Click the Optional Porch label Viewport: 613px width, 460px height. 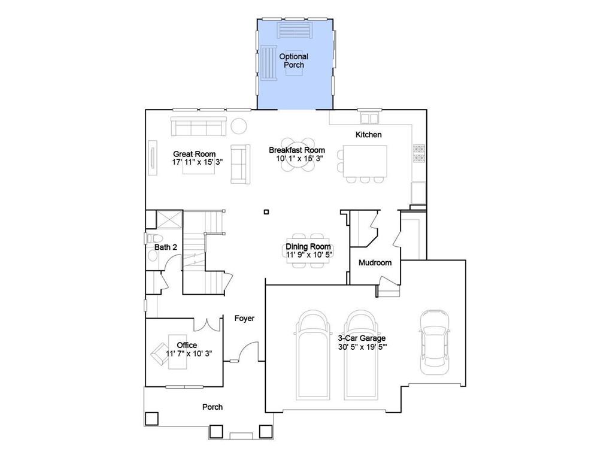tap(294, 60)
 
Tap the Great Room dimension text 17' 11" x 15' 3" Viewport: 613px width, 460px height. tap(194, 162)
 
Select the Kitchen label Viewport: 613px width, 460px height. tap(368, 135)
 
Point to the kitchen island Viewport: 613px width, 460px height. tap(365, 161)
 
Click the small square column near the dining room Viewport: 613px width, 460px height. tap(266, 211)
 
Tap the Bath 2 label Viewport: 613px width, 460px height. tap(166, 247)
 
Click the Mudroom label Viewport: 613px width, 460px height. tap(375, 263)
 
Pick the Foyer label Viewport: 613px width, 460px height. tap(244, 319)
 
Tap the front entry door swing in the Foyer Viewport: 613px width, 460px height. tap(245, 353)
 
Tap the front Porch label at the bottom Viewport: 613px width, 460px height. tap(212, 407)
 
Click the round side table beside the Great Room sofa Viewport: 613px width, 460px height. tap(239, 126)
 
